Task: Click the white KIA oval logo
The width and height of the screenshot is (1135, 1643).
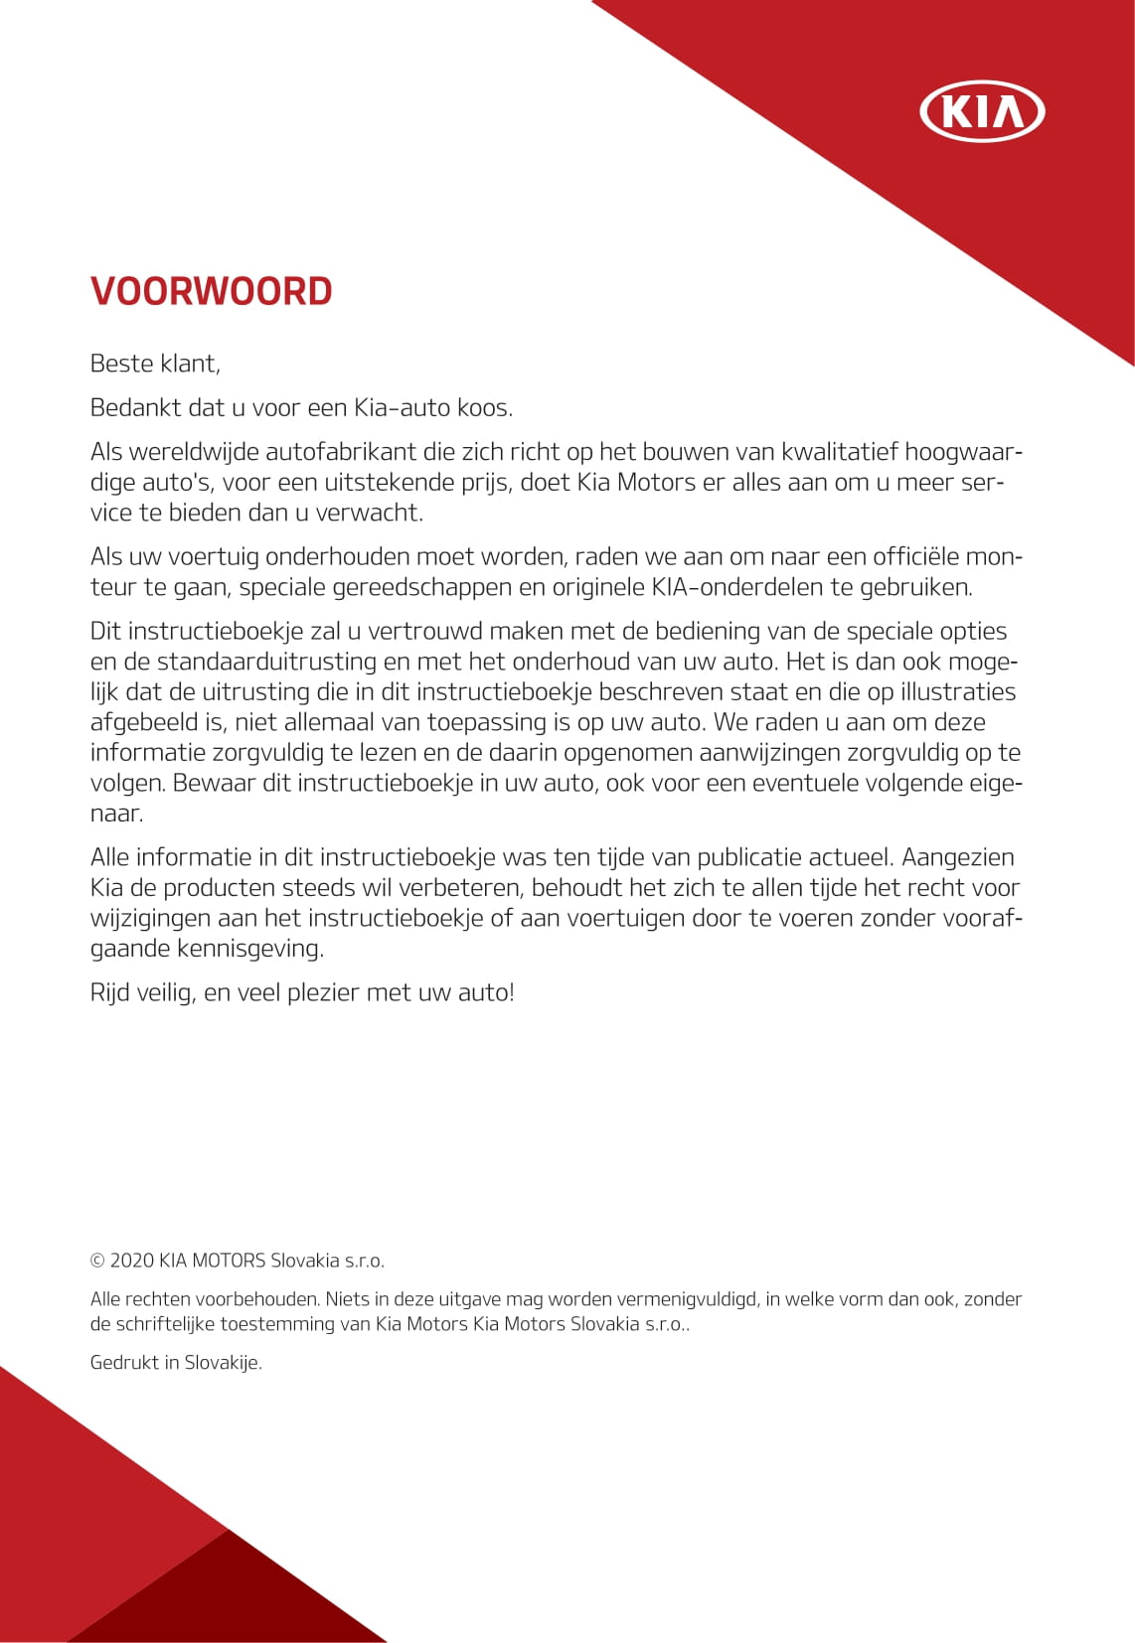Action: click(x=982, y=110)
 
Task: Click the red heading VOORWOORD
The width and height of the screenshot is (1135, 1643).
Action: click(x=211, y=291)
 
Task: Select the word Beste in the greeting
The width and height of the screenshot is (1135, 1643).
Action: click(x=121, y=364)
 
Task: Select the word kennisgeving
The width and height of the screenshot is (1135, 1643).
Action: click(x=249, y=949)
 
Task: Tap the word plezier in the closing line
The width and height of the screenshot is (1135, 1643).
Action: click(x=323, y=992)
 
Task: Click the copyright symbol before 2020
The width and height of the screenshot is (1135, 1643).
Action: click(x=97, y=1261)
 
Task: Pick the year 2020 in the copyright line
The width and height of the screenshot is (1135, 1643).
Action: click(x=132, y=1261)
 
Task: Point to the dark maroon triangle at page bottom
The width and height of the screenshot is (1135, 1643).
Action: click(x=229, y=1599)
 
